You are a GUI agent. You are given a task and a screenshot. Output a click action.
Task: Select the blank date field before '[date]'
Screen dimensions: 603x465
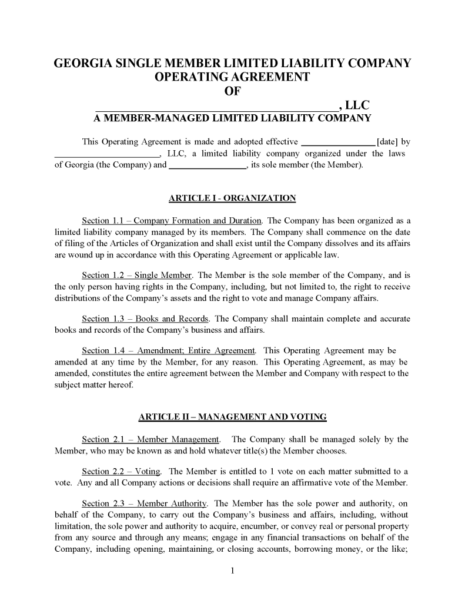(x=337, y=142)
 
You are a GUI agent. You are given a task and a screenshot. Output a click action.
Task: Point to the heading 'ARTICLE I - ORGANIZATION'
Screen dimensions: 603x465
(x=232, y=198)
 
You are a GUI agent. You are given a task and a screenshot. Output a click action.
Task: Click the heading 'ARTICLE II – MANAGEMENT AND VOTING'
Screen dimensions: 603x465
(x=232, y=418)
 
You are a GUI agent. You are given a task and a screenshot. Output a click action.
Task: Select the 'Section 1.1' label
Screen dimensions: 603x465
(x=103, y=221)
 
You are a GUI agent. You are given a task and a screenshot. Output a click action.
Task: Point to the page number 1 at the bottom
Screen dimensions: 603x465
(x=233, y=570)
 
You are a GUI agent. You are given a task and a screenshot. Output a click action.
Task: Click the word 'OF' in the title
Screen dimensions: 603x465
(x=233, y=91)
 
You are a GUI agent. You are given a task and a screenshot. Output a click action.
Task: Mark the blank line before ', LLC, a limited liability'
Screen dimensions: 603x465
(x=106, y=154)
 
